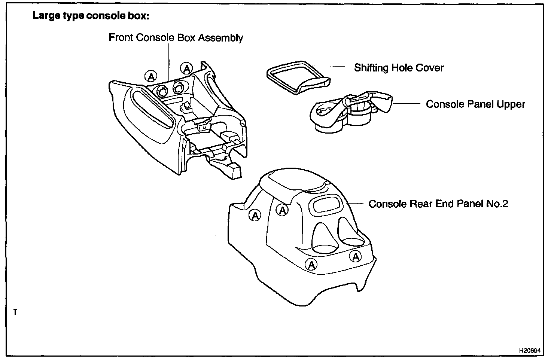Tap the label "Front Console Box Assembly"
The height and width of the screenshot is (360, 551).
176,38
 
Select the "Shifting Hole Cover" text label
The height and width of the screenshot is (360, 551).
399,68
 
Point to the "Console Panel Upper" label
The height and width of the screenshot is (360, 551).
475,104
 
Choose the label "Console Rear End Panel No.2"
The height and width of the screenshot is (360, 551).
438,204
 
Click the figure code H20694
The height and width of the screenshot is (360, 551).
530,351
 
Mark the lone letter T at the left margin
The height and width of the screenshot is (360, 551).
15,312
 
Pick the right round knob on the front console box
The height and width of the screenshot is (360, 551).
177,88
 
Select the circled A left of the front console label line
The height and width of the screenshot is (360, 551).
151,77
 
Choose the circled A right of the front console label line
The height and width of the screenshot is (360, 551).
186,68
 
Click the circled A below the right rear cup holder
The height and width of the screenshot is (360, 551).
356,256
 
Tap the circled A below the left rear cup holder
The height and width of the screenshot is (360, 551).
311,265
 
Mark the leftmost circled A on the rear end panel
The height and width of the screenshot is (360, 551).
255,215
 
